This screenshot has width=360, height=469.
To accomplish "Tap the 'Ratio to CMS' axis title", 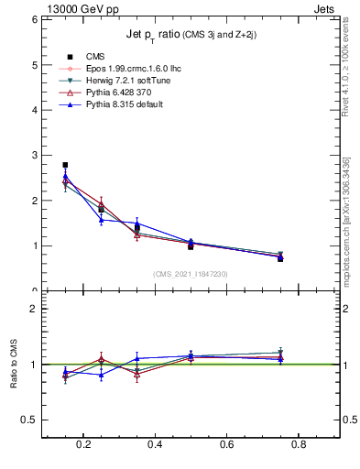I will click(15, 365).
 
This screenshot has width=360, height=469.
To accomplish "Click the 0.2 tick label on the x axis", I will click(84, 446).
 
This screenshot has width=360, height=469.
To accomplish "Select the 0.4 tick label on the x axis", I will click(156, 446).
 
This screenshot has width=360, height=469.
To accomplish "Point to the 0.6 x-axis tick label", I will click(227, 446).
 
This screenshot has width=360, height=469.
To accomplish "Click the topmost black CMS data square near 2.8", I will click(65, 165).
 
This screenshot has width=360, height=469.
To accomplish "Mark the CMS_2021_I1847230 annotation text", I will click(191, 274).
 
